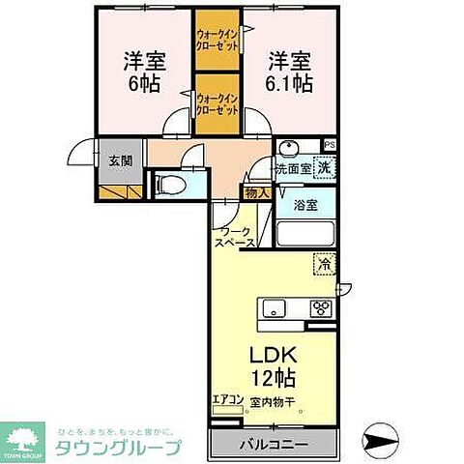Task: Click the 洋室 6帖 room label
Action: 143,71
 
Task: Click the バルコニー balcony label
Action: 275,446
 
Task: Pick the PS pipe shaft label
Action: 331,146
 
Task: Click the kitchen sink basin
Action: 272,309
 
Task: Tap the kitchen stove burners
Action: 319,309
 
